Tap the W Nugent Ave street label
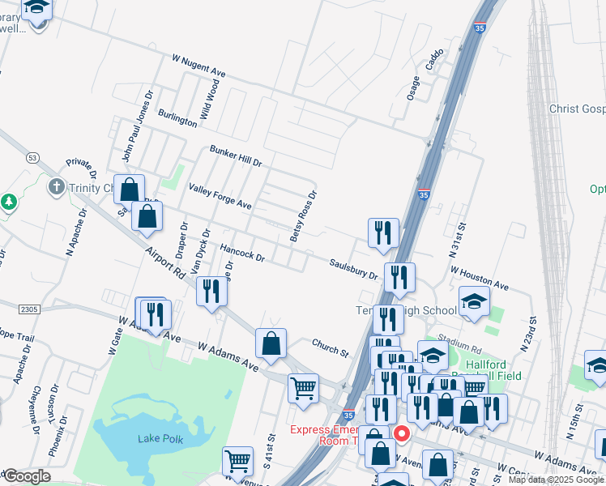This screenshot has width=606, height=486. pyautogui.click(x=198, y=65)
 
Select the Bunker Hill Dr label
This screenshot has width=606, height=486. pyautogui.click(x=236, y=156)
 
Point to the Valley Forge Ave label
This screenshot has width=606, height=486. pyautogui.click(x=220, y=196)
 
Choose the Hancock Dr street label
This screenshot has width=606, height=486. pyautogui.click(x=242, y=251)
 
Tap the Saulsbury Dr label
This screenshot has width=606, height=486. pyautogui.click(x=353, y=269)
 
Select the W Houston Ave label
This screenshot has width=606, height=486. pyautogui.click(x=480, y=281)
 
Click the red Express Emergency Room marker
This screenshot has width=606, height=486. pyautogui.click(x=401, y=434)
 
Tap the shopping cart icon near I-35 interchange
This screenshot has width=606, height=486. pyautogui.click(x=303, y=388)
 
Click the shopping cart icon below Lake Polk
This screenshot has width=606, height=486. pyautogui.click(x=237, y=460)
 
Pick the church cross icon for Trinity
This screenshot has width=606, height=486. pyautogui.click(x=56, y=187)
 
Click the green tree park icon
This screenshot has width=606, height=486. pyautogui.click(x=8, y=201)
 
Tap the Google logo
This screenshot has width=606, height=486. pyautogui.click(x=26, y=476)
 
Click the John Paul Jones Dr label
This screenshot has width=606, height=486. pyautogui.click(x=137, y=125)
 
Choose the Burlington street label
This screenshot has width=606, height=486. pyautogui.click(x=177, y=118)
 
